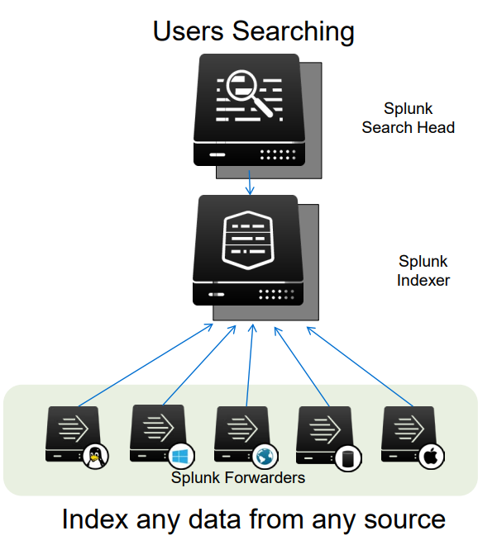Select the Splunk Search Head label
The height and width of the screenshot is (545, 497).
click(408, 118)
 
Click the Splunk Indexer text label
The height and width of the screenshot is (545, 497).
click(423, 271)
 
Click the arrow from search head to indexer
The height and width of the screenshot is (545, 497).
click(250, 180)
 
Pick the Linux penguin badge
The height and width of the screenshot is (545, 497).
click(97, 456)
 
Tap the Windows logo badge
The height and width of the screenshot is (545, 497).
click(179, 456)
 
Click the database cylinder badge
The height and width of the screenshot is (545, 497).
click(346, 457)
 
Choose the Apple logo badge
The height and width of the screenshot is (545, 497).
click(431, 456)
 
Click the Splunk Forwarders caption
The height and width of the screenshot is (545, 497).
click(238, 477)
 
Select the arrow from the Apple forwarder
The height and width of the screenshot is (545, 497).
click(360, 367)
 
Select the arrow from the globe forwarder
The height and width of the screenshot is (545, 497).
click(250, 367)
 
